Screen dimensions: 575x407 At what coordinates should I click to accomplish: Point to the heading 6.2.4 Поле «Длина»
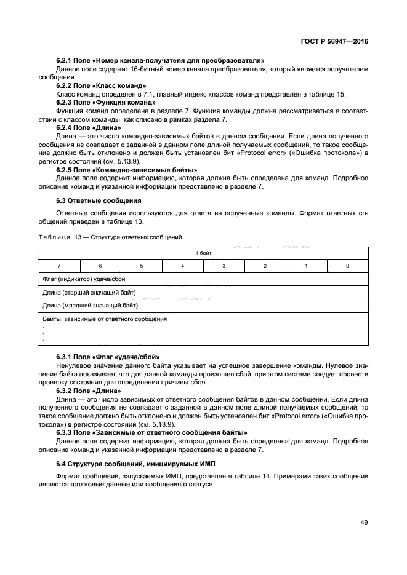tap(89, 127)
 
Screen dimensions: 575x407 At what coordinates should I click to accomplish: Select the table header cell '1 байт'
tap(204, 253)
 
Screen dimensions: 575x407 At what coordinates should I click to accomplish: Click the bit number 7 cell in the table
tap(59, 266)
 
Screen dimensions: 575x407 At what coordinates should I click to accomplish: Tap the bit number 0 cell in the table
tap(348, 266)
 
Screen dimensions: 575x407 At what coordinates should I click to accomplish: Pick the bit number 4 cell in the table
tap(183, 266)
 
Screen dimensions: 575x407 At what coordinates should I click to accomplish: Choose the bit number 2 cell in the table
tap(265, 266)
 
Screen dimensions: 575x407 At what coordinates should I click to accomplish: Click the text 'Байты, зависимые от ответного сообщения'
tap(105, 319)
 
